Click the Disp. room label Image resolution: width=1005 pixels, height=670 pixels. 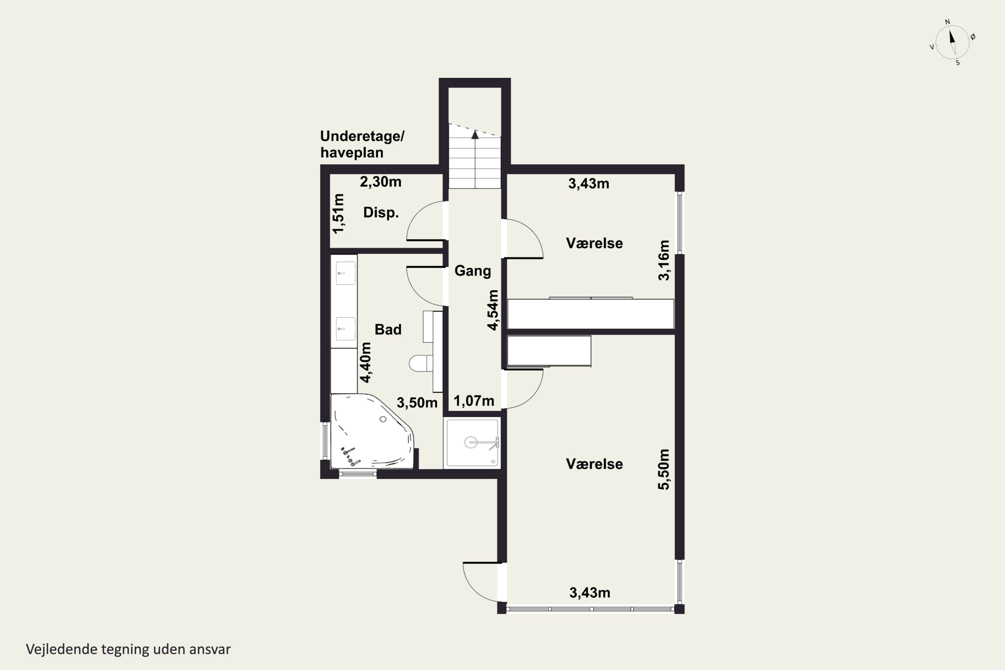click(381, 212)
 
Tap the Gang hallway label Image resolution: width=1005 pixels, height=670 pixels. click(473, 271)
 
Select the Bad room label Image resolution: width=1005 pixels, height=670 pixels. click(388, 329)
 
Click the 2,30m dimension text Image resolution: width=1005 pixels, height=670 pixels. click(380, 182)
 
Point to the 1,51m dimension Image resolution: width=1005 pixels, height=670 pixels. click(338, 214)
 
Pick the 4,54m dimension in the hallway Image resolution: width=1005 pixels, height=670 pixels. click(493, 310)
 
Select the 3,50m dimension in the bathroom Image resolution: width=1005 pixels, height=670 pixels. click(417, 403)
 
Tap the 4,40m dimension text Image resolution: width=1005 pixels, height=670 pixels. click(365, 362)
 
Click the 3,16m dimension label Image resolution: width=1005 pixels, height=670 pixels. click(664, 260)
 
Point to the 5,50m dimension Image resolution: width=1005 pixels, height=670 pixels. click(664, 469)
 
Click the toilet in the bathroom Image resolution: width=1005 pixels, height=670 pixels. click(421, 363)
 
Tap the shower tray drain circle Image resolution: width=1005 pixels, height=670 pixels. click(471, 442)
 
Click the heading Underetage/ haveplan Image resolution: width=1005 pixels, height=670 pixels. click(362, 144)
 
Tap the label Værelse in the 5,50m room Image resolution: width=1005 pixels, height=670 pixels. click(594, 464)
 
